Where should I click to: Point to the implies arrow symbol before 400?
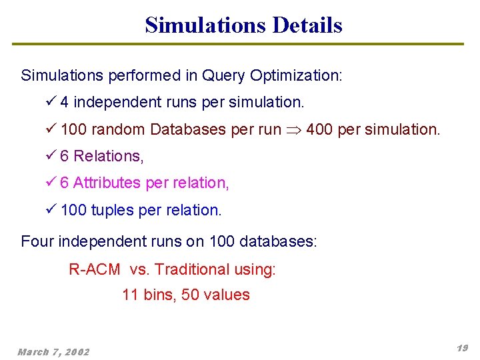294,130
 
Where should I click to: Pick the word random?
119,129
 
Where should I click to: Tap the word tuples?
113,210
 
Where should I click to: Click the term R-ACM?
95,269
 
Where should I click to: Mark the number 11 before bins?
130,295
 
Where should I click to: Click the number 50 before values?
191,295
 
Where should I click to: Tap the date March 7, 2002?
53,351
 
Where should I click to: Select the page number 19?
462,348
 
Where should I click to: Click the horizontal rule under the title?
238,44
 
